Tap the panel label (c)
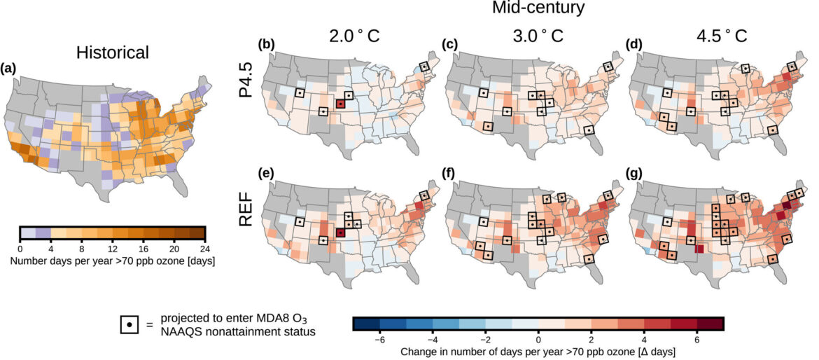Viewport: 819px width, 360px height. click(451, 44)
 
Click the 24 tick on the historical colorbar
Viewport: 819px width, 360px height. click(204, 249)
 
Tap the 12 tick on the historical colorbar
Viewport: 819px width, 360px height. click(113, 249)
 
